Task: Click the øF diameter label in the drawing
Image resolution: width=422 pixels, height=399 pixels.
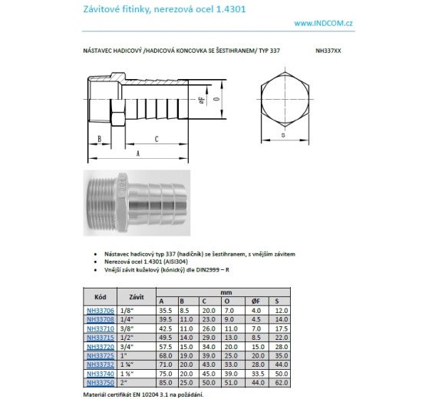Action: pos(201,99)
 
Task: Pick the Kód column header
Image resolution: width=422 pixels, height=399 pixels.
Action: pos(99,295)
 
